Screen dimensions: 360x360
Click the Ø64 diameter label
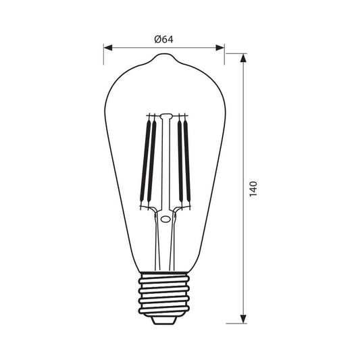click(x=163, y=39)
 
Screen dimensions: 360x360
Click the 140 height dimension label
click(x=253, y=188)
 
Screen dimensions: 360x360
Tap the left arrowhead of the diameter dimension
click(x=108, y=48)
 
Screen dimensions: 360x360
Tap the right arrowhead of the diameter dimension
click(x=220, y=48)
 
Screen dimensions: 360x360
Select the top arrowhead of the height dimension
click(x=243, y=58)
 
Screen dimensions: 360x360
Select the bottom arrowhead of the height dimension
click(x=243, y=319)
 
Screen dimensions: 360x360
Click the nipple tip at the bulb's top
click(x=164, y=55)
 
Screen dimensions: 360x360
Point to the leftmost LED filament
click(x=145, y=161)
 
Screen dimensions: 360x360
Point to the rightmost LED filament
click(x=187, y=161)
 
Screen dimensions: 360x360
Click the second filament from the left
click(x=151, y=161)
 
